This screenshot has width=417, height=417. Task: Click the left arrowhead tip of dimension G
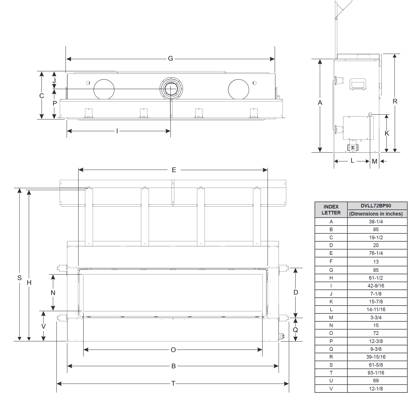(66, 59)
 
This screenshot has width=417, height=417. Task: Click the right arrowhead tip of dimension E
(268, 170)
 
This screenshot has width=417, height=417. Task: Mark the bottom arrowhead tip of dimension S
(20, 341)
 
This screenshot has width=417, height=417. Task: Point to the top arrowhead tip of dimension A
(320, 59)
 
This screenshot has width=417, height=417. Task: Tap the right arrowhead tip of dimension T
(289, 384)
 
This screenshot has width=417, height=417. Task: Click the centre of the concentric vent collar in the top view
(171, 89)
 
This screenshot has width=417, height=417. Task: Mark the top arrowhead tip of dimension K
(387, 115)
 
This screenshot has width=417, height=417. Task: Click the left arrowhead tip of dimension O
(84, 350)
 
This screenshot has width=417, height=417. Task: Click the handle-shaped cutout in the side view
(358, 84)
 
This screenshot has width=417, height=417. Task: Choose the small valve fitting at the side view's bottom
(353, 148)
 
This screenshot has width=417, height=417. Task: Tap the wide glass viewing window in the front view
(173, 293)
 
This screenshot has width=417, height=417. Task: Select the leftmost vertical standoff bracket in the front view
(89, 217)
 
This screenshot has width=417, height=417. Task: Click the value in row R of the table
(376, 357)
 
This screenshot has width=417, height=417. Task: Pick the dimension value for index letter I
(376, 286)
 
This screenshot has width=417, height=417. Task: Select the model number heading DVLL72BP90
(376, 206)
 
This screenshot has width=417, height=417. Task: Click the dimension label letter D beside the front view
(296, 292)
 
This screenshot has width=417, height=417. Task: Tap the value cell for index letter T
(376, 373)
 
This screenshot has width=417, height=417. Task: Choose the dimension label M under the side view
(375, 161)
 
